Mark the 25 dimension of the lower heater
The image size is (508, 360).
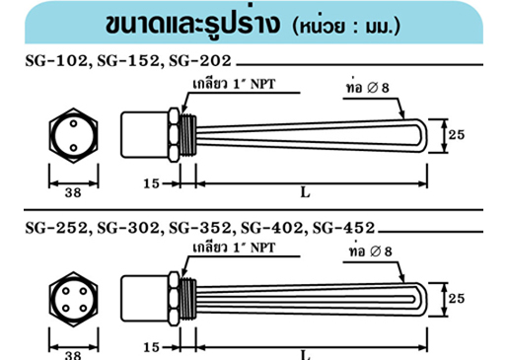tap(456, 297)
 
